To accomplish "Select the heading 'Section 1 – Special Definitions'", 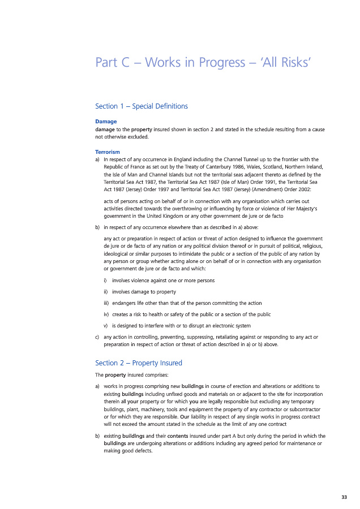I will point(142,106).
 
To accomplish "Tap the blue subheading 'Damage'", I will point(106,121).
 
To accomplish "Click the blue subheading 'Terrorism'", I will point(108,152).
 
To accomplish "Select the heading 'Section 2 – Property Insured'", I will point(139,363).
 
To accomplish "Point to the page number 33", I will point(344,497).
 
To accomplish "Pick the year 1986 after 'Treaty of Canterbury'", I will point(239,167).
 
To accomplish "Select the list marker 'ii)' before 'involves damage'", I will point(106,292).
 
